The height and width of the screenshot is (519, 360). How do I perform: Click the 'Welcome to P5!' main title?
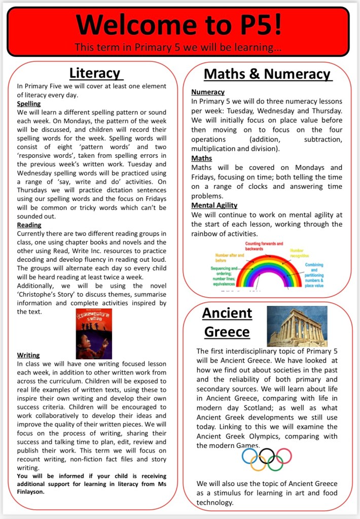180,24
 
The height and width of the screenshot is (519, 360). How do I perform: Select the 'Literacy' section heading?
96,73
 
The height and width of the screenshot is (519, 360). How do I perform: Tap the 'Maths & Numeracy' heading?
267,74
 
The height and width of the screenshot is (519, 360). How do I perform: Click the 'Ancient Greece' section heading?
227,322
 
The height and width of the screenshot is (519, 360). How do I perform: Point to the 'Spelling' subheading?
28,103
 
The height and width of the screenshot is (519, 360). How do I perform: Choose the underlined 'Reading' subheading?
29,225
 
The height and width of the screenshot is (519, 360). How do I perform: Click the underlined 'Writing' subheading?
28,355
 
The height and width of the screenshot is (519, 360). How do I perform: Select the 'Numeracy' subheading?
207,92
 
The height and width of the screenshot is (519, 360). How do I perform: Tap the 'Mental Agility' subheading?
214,205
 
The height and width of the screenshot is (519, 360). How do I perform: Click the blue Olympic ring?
249,456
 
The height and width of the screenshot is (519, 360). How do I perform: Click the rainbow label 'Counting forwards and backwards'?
260,247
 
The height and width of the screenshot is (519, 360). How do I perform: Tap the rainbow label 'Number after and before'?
229,258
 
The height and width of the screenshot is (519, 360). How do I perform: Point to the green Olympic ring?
275,463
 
